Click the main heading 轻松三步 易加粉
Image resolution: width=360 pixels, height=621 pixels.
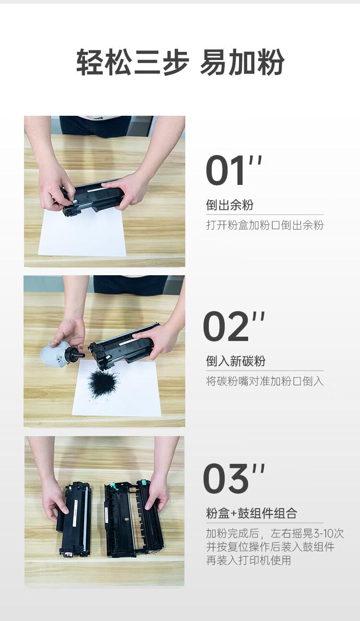tap(180, 62)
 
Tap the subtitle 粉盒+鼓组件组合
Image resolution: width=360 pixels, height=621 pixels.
tap(252, 513)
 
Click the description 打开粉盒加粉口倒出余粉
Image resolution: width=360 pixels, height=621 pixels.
tap(265, 225)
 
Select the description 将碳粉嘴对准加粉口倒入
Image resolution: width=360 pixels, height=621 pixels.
tap(265, 381)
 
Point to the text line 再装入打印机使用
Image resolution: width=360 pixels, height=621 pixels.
tap(249, 560)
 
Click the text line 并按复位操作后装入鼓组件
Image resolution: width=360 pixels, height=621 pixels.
tap(270, 547)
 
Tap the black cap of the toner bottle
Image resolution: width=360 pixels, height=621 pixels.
tap(74, 355)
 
